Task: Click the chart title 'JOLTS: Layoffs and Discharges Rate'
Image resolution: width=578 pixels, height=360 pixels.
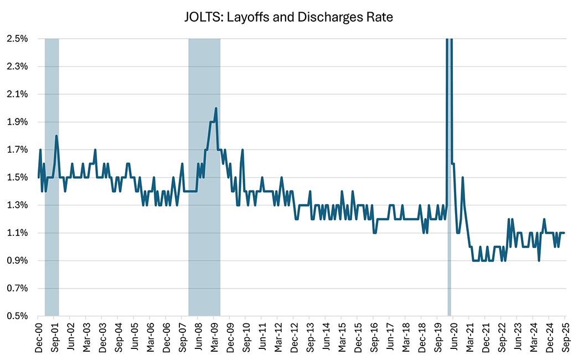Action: tap(288, 17)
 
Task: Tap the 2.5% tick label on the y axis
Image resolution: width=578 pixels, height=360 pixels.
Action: tap(18, 39)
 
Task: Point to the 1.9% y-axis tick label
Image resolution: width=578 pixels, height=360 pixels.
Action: tap(18, 122)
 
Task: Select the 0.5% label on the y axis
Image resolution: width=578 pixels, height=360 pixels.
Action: tap(18, 316)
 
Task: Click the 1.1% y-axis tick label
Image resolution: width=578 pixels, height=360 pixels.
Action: tap(18, 233)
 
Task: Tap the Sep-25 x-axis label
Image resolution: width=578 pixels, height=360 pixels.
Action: tap(565, 337)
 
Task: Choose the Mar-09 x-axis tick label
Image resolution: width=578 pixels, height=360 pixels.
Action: tap(214, 337)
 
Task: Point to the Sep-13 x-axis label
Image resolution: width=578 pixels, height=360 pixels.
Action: tap(309, 337)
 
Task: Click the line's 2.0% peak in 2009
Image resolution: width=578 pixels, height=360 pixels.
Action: tap(215, 108)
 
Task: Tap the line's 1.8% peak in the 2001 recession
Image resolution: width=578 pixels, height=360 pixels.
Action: tap(56, 136)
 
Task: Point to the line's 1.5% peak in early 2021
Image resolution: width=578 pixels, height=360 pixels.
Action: tap(462, 178)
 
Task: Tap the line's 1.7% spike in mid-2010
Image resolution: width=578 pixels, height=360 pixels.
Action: tap(242, 150)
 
